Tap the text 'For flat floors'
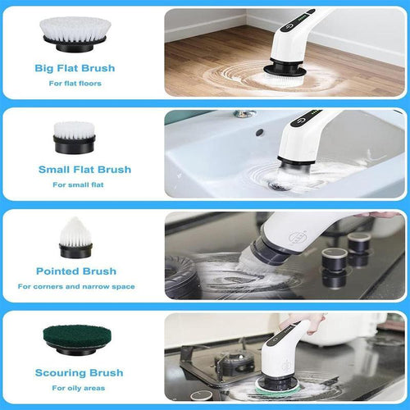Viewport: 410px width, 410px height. click(x=80, y=82)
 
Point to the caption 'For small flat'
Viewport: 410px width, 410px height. click(x=80, y=184)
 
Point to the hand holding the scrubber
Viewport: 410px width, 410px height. click(x=303, y=325)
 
